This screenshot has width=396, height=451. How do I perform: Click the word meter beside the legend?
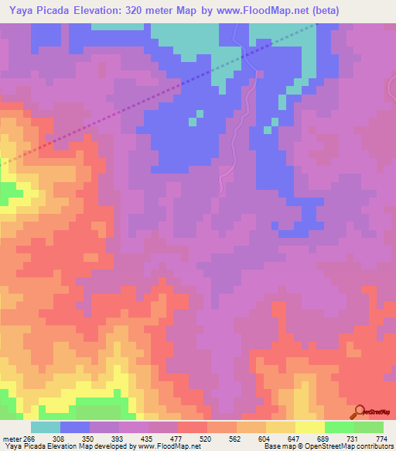[10, 438]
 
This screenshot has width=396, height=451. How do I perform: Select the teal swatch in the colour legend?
[46, 427]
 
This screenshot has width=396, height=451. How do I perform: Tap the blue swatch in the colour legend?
[75, 427]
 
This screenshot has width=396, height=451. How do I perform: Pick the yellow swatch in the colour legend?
[309, 427]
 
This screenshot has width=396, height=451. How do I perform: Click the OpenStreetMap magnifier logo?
[359, 411]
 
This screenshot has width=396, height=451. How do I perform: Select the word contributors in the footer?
[371, 446]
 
